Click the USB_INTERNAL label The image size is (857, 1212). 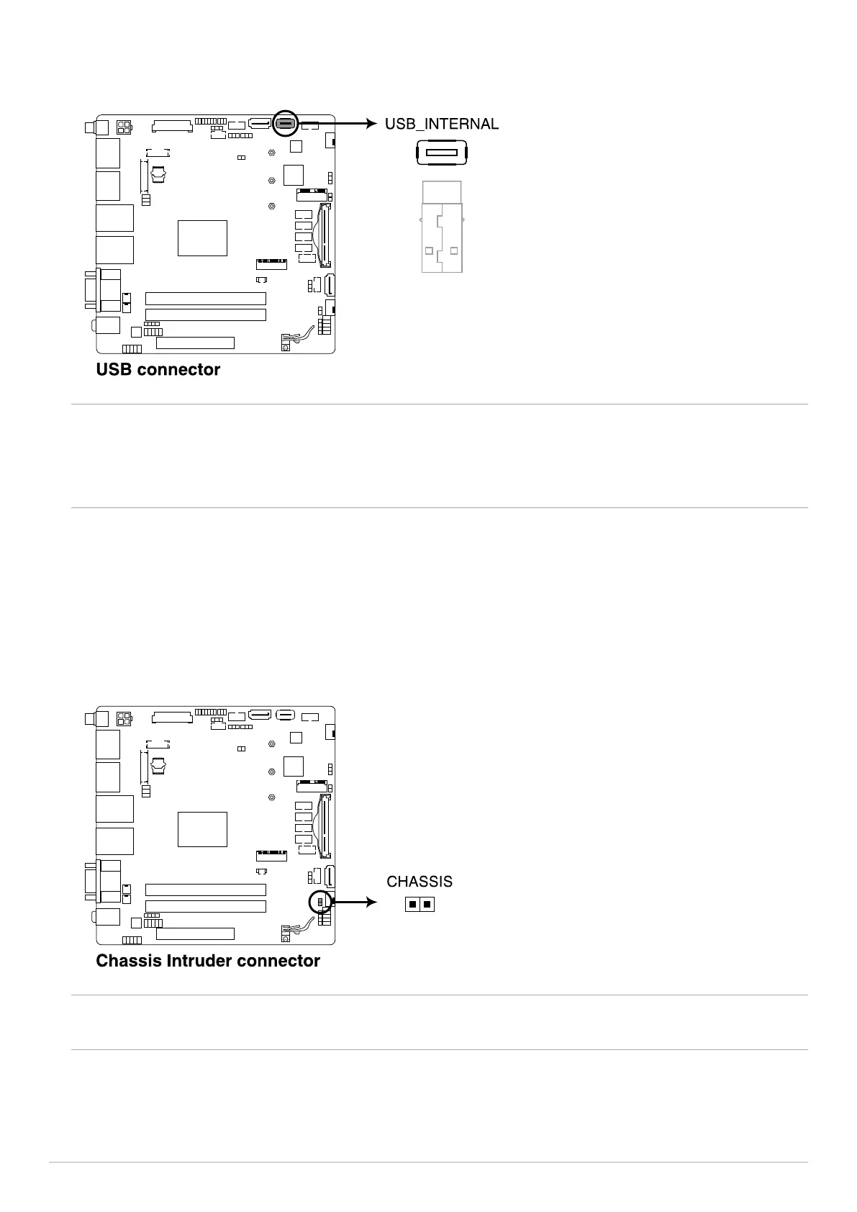(x=442, y=125)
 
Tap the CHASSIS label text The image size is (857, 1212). (x=420, y=882)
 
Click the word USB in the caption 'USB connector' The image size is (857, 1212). (x=114, y=369)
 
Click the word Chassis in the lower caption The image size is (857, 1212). (x=129, y=960)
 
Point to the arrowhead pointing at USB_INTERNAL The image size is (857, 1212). (x=372, y=124)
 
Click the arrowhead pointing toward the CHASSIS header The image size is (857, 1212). (x=372, y=902)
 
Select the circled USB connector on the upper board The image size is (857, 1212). (x=285, y=124)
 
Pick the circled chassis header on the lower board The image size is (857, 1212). (x=320, y=902)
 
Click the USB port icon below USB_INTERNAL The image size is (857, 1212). (x=442, y=153)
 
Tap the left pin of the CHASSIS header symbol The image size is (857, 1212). (x=413, y=904)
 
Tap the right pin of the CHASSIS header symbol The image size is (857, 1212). (x=427, y=904)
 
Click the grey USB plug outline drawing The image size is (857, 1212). (x=442, y=227)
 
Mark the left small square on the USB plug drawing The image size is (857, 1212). (x=429, y=250)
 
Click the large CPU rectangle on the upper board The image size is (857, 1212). (x=202, y=238)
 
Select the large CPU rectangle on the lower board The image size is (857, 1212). (x=202, y=829)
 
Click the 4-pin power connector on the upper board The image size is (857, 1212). (x=123, y=127)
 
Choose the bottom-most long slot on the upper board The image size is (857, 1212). (x=195, y=343)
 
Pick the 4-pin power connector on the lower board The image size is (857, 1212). (x=123, y=719)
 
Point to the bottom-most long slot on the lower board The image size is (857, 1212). (x=195, y=934)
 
